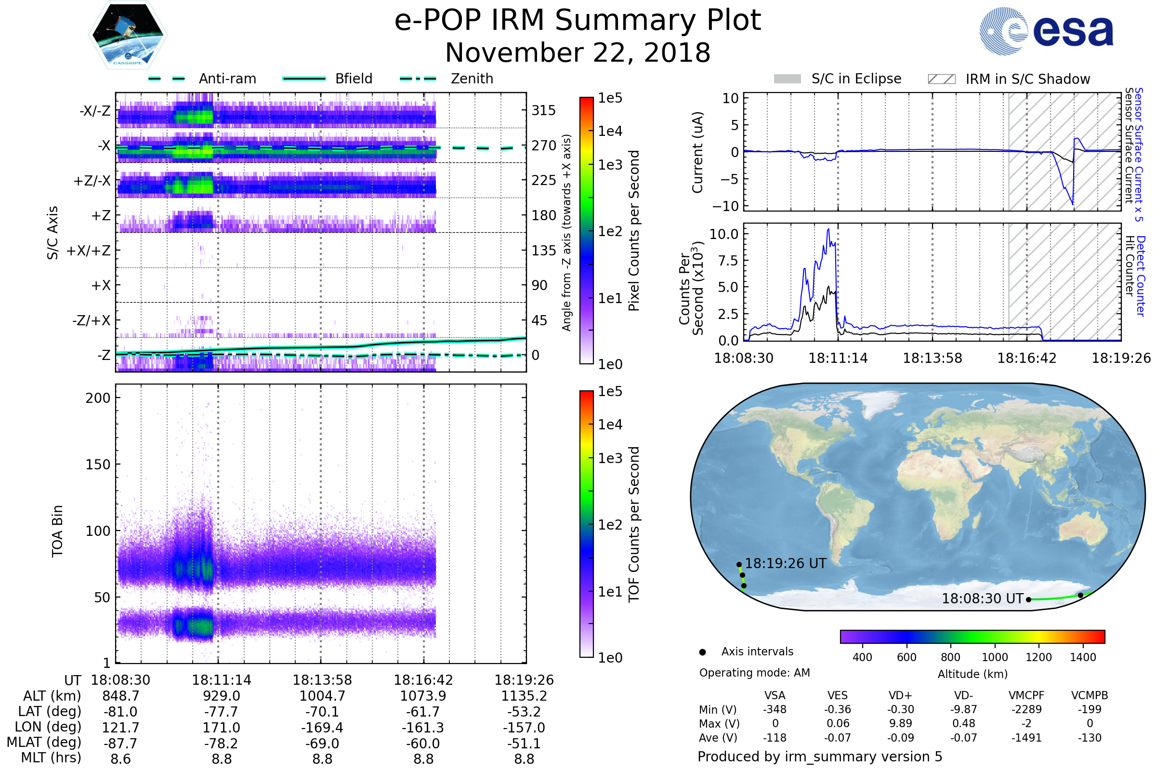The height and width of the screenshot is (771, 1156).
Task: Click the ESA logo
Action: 1047,31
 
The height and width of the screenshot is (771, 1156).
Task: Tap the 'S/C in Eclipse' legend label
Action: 856,79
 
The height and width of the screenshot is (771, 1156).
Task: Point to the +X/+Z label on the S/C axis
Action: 89,251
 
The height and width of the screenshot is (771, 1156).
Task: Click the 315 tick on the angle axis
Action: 544,110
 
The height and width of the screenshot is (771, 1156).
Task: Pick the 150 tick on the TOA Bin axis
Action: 98,465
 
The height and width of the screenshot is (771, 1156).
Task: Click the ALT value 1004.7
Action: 322,696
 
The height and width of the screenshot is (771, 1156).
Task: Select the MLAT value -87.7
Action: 120,743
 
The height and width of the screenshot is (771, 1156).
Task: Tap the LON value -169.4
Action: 322,727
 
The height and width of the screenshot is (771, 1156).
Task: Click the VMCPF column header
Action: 1026,695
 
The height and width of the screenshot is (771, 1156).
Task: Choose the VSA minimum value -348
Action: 775,709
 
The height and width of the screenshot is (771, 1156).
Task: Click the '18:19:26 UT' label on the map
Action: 786,563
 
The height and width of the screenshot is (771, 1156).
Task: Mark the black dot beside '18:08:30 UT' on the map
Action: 1028,599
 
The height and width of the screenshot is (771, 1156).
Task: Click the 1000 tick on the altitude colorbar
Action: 995,657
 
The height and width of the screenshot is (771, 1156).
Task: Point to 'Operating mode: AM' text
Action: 754,673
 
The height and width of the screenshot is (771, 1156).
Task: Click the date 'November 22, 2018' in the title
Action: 578,53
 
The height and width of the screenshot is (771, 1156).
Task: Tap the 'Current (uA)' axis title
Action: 697,152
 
